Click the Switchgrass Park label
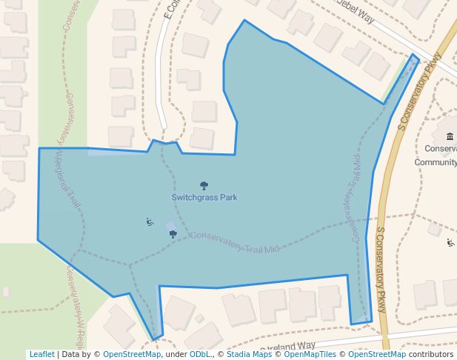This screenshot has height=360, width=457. [x=204, y=198]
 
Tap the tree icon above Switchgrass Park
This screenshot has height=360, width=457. [x=204, y=185]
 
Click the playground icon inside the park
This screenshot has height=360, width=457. [x=150, y=221]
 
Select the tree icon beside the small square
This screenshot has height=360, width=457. [x=173, y=234]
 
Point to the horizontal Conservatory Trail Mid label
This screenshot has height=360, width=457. [x=235, y=243]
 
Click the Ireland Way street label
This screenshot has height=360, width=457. [x=290, y=347]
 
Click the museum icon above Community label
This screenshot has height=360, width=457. [x=450, y=136]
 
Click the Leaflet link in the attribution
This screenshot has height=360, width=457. [x=41, y=354]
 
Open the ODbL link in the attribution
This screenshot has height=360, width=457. [x=200, y=354]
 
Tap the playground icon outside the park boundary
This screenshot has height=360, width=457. [x=450, y=242]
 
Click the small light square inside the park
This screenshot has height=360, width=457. [x=171, y=226]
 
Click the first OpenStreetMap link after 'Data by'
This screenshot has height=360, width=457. [x=131, y=354]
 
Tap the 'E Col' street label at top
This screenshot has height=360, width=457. [x=172, y=9]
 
